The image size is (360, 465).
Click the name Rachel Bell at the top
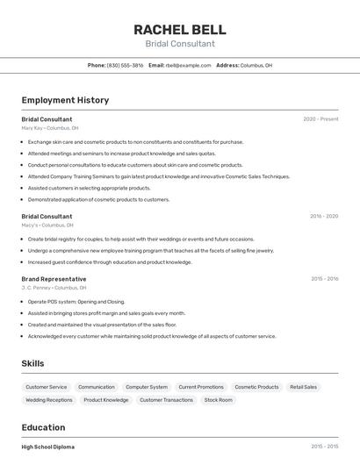click(180, 29)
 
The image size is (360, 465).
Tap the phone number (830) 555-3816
click(125, 66)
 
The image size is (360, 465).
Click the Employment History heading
click(65, 100)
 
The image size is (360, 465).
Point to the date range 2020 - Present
click(320, 119)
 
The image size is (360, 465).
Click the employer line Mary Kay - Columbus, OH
click(50, 128)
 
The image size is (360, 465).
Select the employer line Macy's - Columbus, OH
click(47, 225)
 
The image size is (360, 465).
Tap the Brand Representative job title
click(54, 279)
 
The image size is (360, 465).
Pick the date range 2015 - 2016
click(324, 279)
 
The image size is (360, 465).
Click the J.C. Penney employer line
click(54, 288)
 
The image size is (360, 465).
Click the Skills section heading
click(32, 363)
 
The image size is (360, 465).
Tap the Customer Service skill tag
click(47, 387)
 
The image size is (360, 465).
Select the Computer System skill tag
click(147, 387)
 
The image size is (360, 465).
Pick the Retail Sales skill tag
click(303, 387)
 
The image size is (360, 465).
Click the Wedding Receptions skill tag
click(49, 400)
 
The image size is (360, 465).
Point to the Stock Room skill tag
click(219, 400)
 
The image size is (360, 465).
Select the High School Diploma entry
click(48, 447)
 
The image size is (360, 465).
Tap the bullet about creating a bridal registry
click(140, 239)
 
